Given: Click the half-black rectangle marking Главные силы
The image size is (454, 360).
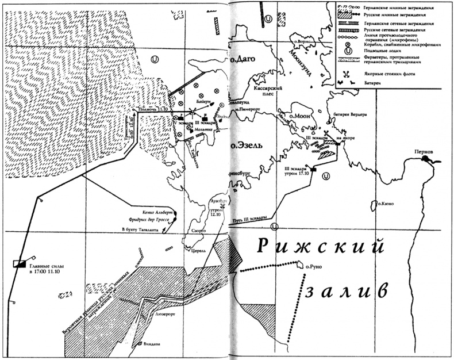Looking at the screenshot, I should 19,264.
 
